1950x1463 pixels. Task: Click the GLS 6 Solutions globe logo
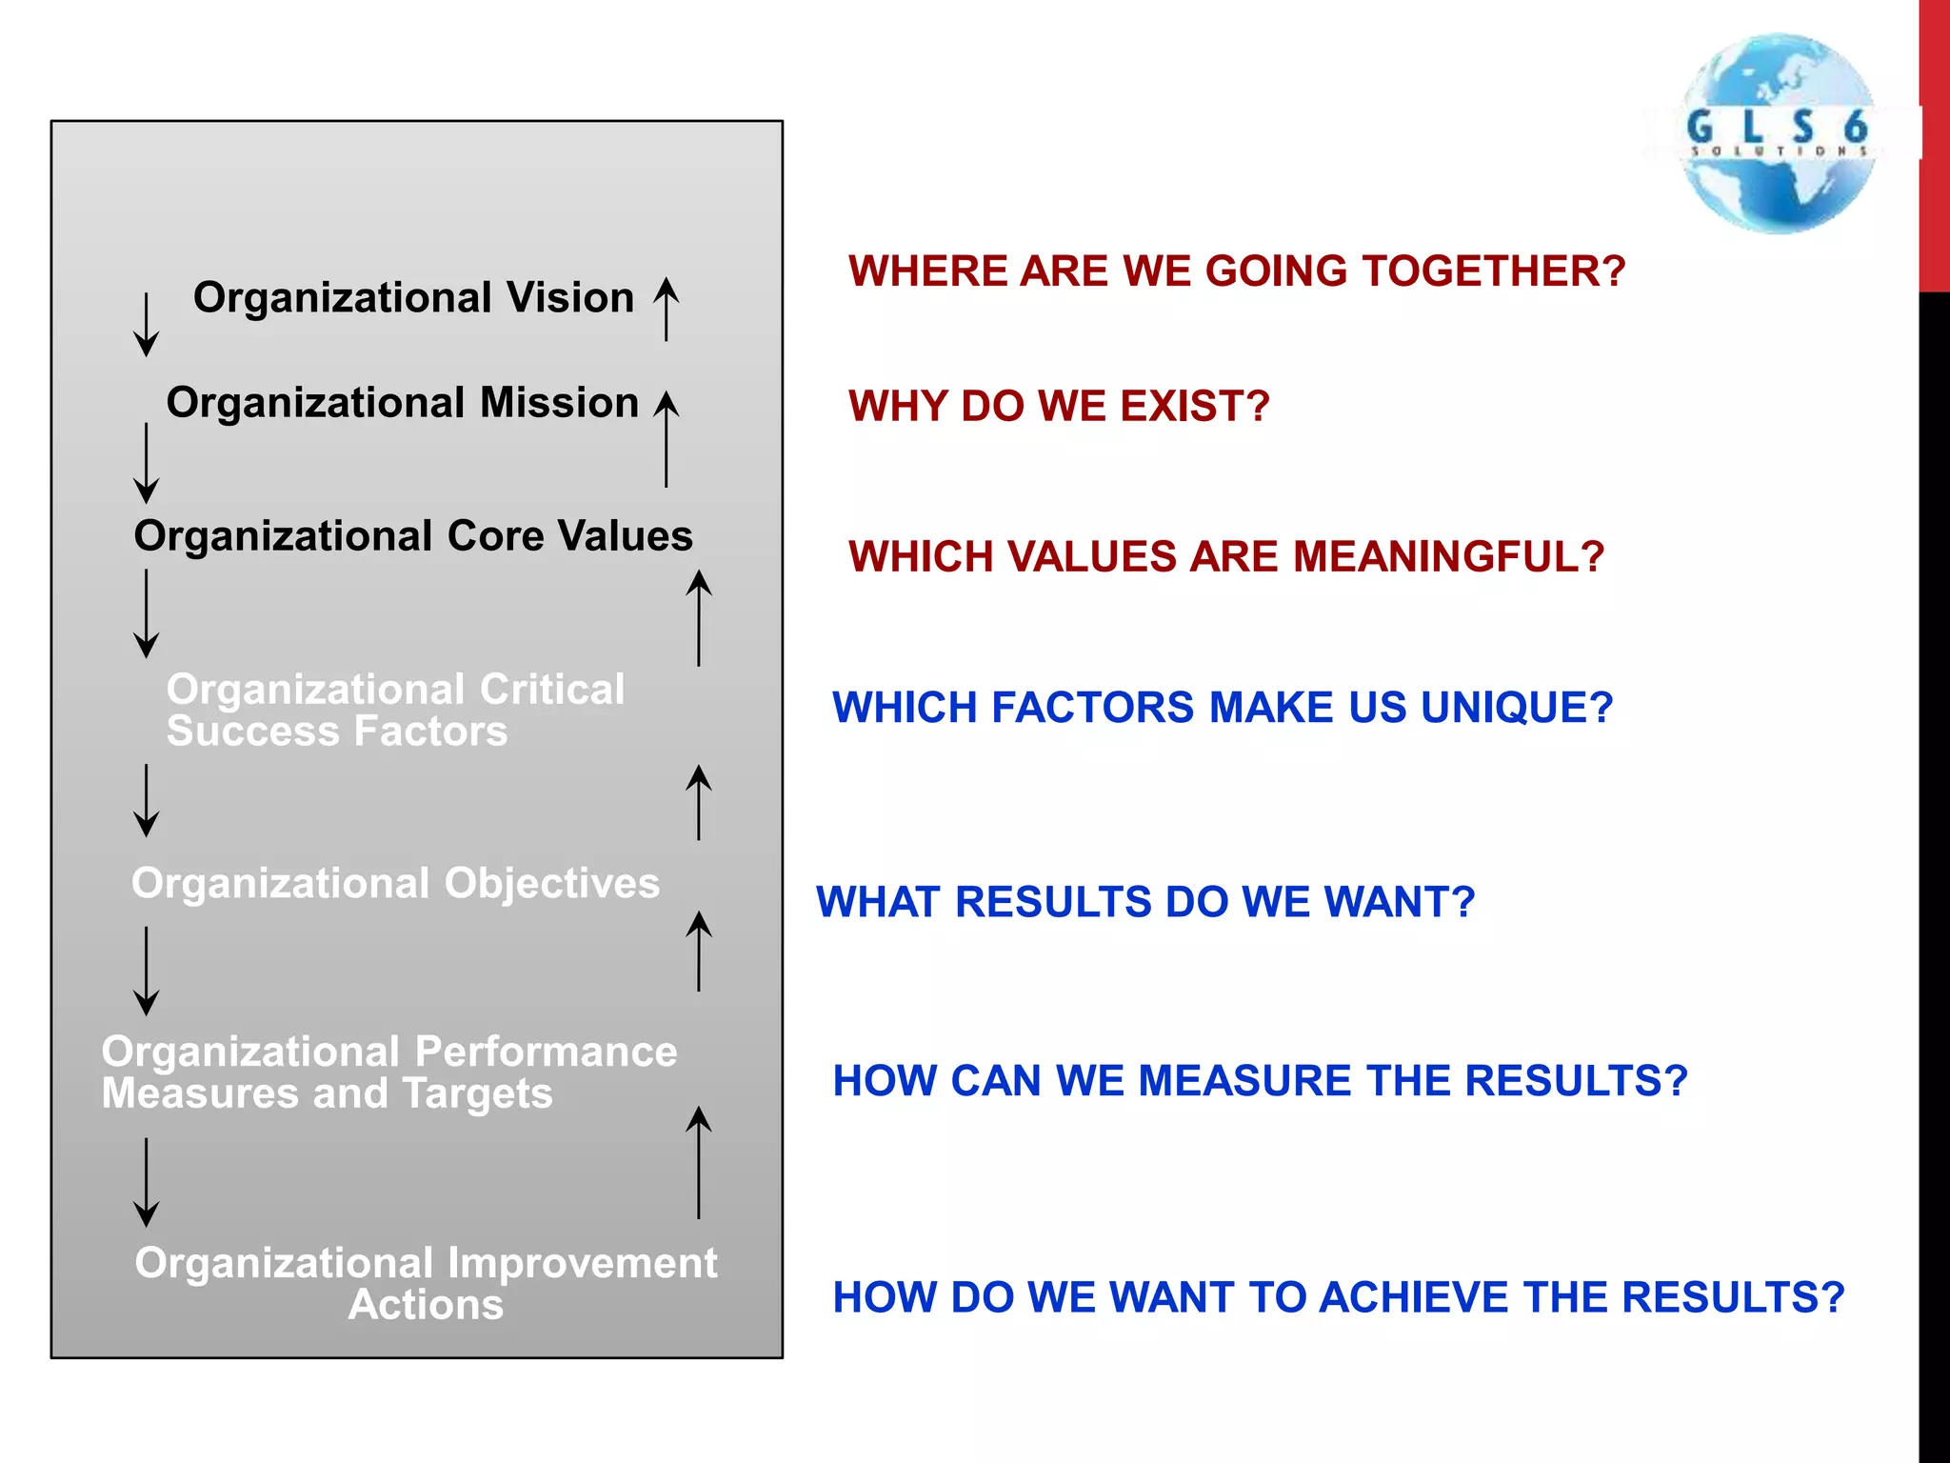1778,133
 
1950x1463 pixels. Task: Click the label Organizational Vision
413,298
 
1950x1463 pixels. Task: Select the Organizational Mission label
402,403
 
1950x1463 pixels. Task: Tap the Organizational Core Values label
413,536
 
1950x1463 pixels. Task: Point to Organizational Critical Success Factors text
394,710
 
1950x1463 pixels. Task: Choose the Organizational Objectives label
395,883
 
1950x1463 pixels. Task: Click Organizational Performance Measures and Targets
388,1072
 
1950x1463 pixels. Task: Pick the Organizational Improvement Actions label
426,1283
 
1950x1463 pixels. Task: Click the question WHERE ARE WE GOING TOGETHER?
1237,271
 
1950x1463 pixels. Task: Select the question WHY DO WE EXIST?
1059,407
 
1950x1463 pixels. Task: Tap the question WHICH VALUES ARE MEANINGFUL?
1226,557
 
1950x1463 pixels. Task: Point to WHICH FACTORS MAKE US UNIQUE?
1223,708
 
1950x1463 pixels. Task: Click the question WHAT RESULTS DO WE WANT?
1145,902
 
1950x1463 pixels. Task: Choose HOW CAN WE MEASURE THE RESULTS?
1260,1081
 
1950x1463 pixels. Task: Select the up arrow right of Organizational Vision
667,309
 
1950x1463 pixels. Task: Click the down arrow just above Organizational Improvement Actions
146,1182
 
